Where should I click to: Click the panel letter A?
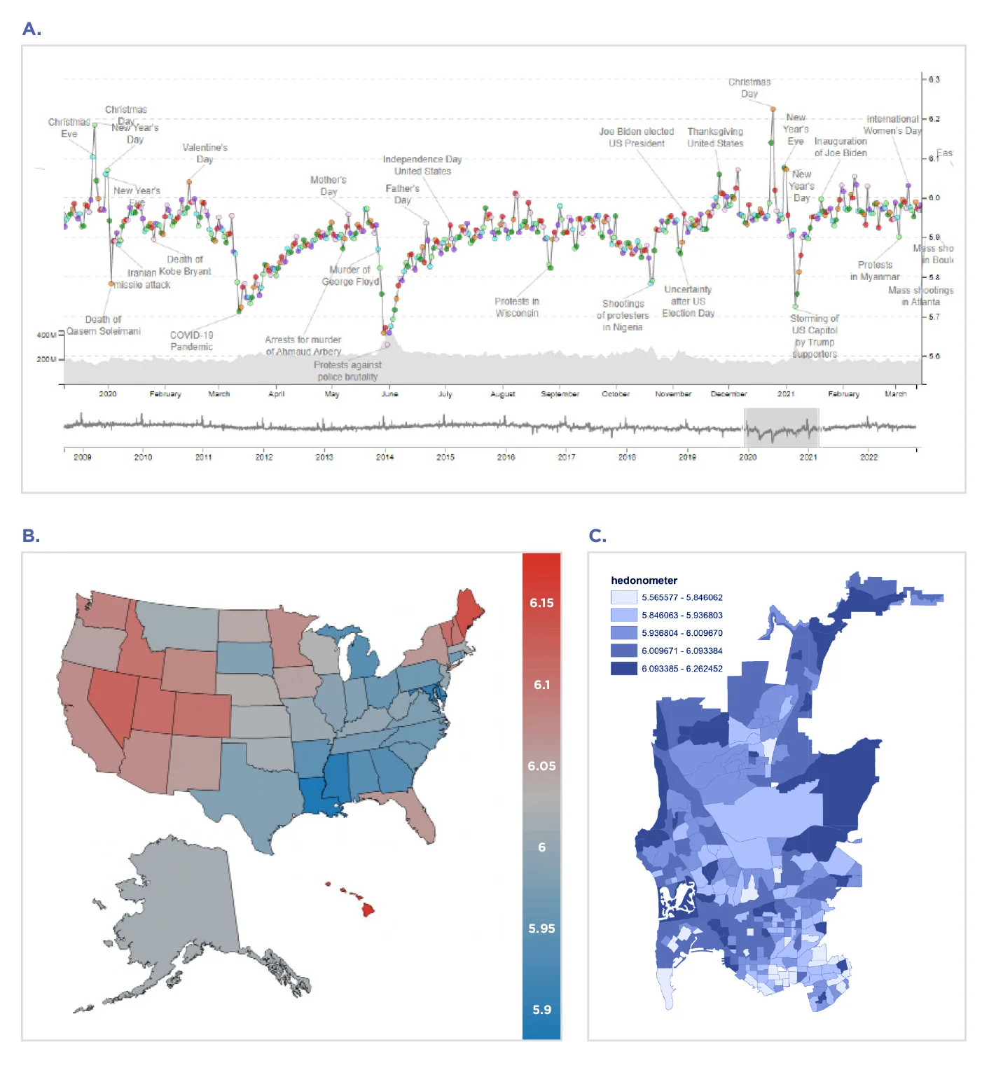[x=32, y=29]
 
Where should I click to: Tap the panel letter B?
[x=31, y=536]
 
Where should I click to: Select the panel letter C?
[x=597, y=536]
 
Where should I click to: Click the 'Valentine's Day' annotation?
[x=205, y=153]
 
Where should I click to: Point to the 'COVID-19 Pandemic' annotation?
[x=191, y=341]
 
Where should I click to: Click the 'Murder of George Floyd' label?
[x=350, y=276]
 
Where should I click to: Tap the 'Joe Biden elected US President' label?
[x=636, y=137]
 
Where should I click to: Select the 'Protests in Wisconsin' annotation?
[x=517, y=307]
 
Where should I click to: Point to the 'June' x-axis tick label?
[x=389, y=394]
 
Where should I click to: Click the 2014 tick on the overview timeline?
[x=385, y=457]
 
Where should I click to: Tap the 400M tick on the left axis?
[x=46, y=335]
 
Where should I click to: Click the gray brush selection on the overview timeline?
[x=780, y=427]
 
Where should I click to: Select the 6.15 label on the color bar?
[x=541, y=603]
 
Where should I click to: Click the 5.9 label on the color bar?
[x=541, y=1010]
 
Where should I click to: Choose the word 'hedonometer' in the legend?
[x=644, y=581]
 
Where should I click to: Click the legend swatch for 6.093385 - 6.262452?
[x=623, y=669]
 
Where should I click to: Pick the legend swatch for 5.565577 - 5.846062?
[x=623, y=597]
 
